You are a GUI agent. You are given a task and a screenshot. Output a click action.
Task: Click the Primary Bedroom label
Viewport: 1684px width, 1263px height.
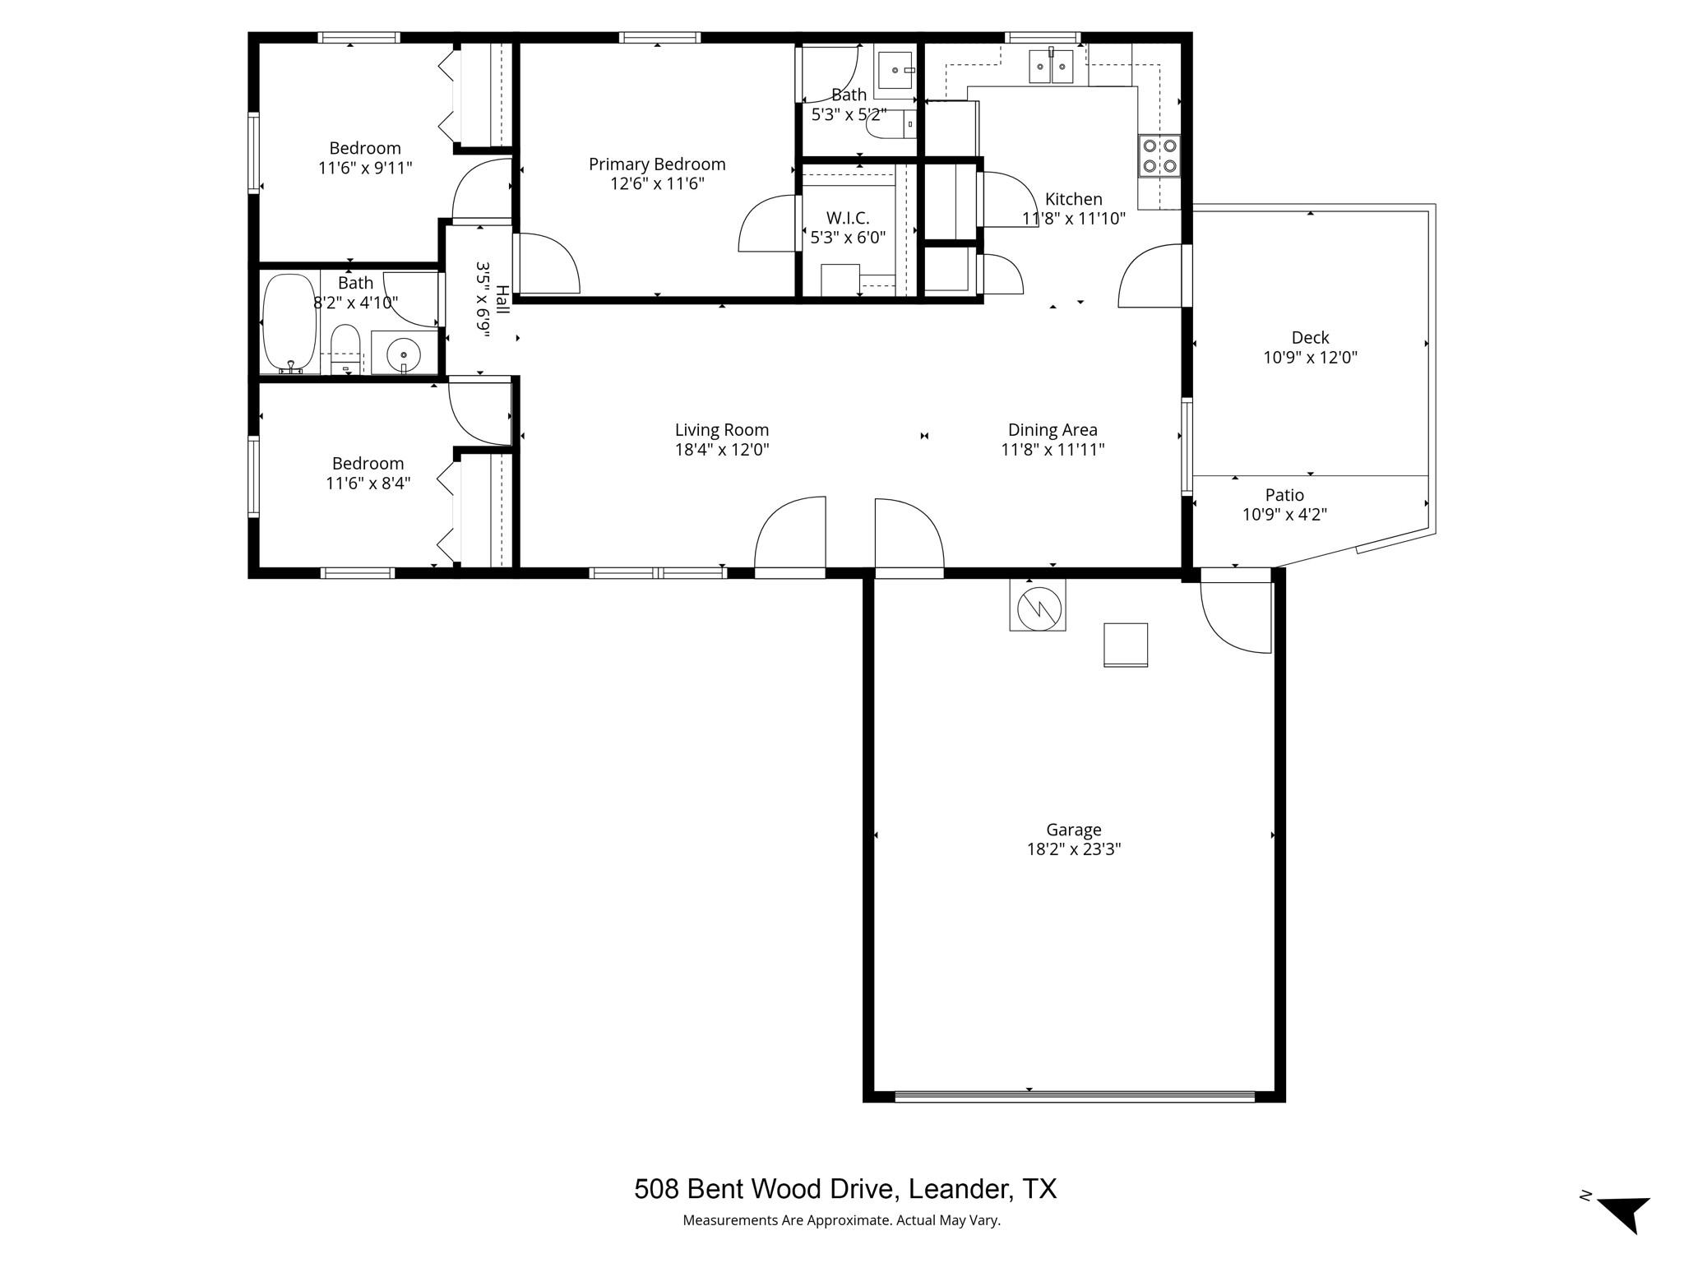tap(657, 164)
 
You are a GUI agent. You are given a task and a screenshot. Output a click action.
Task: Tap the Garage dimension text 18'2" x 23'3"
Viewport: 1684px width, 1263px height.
tap(1073, 849)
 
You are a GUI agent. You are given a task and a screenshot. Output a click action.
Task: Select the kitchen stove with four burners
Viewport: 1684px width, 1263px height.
tap(1159, 156)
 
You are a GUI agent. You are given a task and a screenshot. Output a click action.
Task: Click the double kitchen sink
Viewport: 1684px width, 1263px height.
tap(1052, 66)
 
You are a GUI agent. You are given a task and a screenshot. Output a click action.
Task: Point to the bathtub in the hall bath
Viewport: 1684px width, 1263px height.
tap(289, 324)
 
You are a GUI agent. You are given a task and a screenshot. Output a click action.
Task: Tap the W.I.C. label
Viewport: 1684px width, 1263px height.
tap(848, 218)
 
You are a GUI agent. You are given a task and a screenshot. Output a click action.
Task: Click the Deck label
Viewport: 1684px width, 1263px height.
tap(1310, 337)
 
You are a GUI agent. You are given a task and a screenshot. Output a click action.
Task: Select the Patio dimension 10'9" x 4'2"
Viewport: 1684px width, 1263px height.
tap(1284, 515)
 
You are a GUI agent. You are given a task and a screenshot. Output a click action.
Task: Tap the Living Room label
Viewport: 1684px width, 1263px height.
tap(721, 429)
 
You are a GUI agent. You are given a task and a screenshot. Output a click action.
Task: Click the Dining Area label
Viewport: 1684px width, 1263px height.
tap(1052, 429)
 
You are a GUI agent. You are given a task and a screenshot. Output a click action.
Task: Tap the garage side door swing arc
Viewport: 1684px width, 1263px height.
tap(1233, 617)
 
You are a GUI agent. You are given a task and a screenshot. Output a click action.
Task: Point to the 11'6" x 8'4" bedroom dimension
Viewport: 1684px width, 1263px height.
tap(368, 483)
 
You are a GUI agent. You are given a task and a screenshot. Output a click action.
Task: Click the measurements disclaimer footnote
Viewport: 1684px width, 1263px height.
tap(841, 1220)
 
